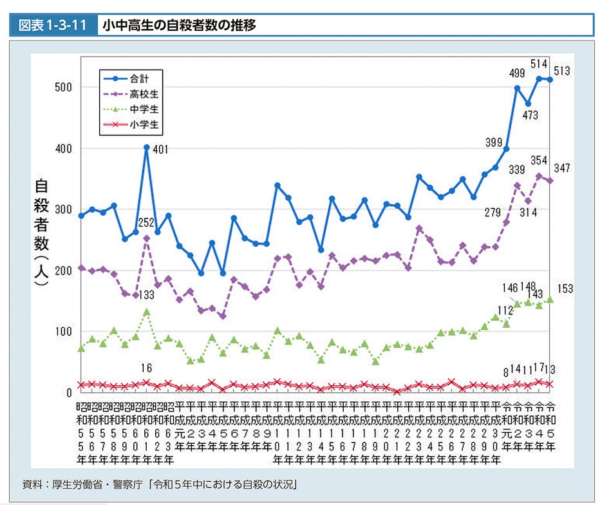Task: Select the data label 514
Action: [x=538, y=64]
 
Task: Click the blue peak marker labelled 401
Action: [x=147, y=148]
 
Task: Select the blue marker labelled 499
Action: [x=517, y=88]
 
